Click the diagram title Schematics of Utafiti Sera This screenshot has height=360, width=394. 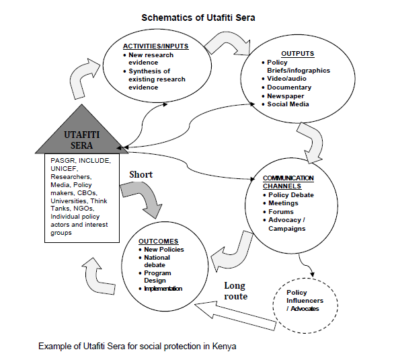[x=198, y=18]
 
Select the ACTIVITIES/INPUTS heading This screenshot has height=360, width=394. [x=155, y=46]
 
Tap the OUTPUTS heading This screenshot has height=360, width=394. [x=297, y=54]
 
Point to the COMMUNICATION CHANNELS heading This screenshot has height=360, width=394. [x=288, y=182]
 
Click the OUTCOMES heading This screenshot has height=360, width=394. [x=158, y=242]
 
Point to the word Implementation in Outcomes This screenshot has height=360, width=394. [x=163, y=289]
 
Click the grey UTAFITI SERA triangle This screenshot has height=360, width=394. [x=81, y=135]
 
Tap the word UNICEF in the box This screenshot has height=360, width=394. [x=65, y=169]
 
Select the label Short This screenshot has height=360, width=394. [x=141, y=174]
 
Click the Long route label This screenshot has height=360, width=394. [x=236, y=291]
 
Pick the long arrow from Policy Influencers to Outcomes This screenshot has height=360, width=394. [x=235, y=315]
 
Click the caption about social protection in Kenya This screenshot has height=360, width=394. [x=137, y=346]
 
